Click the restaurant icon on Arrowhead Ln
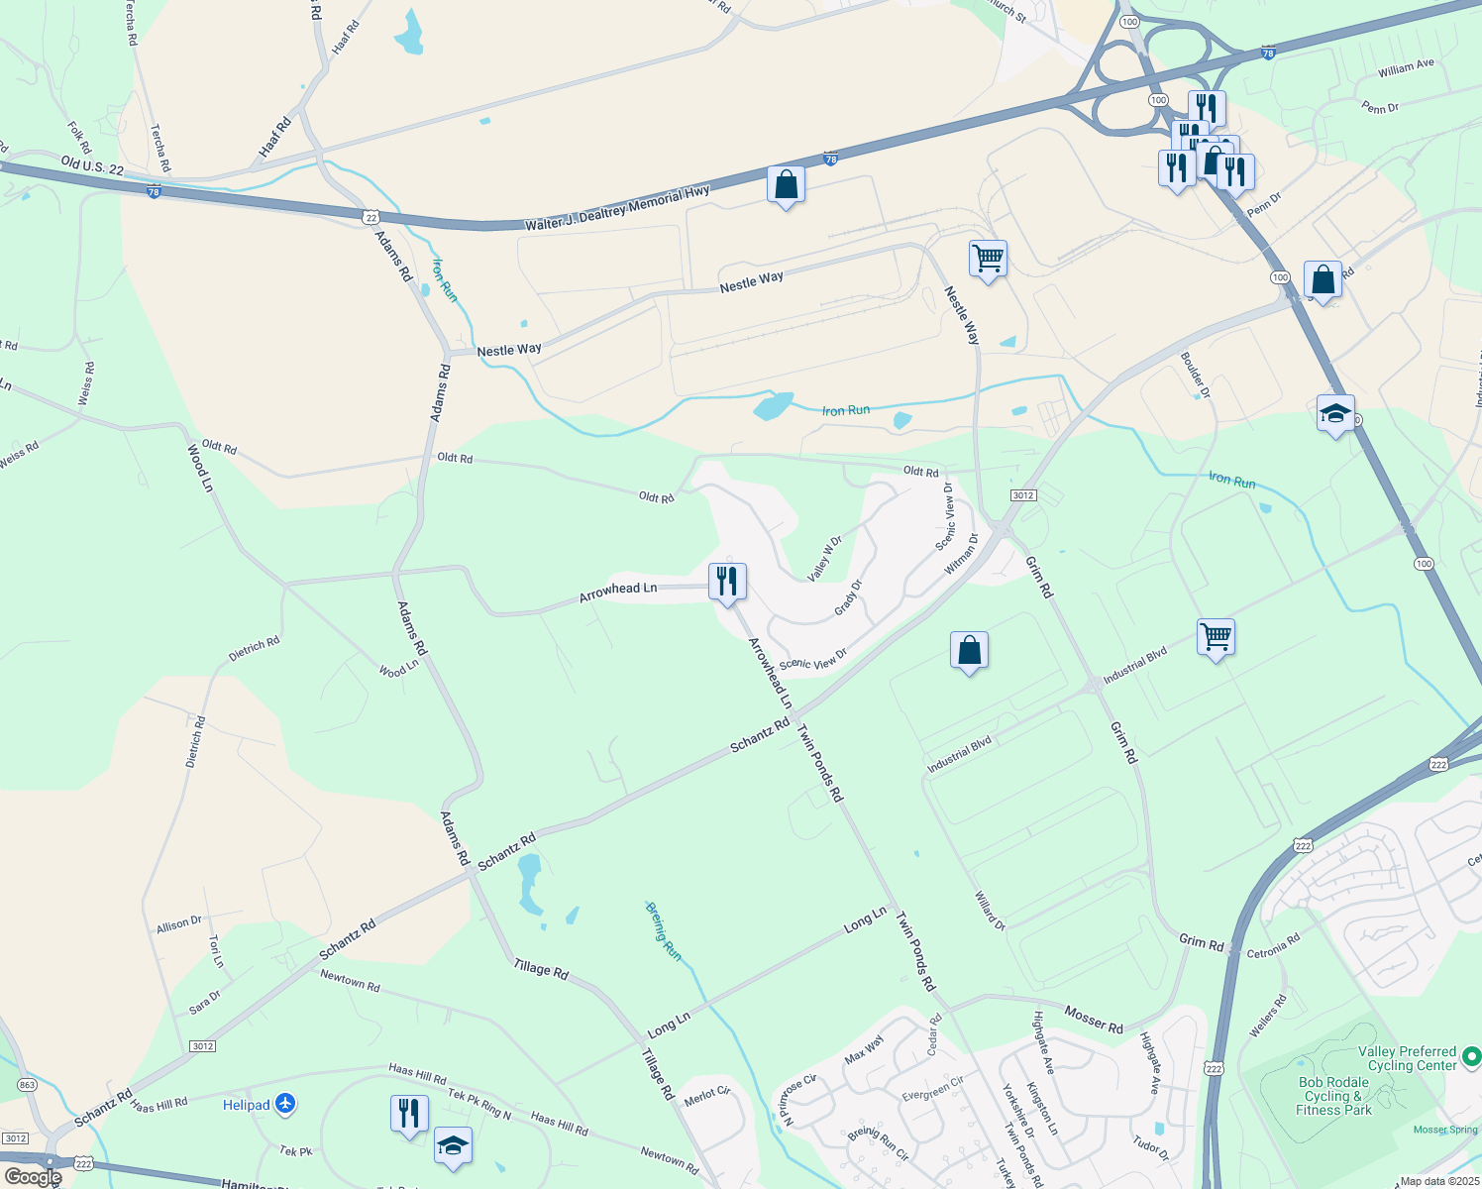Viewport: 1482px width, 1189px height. tap(727, 582)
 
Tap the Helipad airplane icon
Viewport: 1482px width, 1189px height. tap(285, 1103)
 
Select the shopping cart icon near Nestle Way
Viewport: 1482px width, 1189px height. tap(988, 259)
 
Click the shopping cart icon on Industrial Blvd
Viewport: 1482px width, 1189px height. tap(1216, 636)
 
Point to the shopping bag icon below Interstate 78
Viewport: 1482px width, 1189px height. tap(786, 184)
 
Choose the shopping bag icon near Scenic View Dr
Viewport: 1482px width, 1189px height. tap(969, 650)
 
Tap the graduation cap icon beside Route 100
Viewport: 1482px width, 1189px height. tap(1335, 413)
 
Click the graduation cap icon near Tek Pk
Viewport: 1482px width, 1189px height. tap(453, 1145)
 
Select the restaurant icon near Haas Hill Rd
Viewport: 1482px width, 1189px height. tap(409, 1113)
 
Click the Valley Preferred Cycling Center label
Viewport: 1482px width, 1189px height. tap(1407, 1058)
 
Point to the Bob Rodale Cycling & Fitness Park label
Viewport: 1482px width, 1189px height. tap(1333, 1096)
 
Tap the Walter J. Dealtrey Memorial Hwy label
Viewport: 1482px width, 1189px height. tap(617, 208)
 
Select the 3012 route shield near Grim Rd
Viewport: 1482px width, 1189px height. tap(1023, 495)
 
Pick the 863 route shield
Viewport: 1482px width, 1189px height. tap(27, 1085)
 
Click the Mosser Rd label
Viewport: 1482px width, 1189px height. tap(1094, 1020)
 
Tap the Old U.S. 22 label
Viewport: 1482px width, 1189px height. tap(92, 166)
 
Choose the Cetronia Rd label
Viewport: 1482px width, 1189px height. tap(1273, 946)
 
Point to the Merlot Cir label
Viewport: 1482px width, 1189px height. tap(707, 1095)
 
